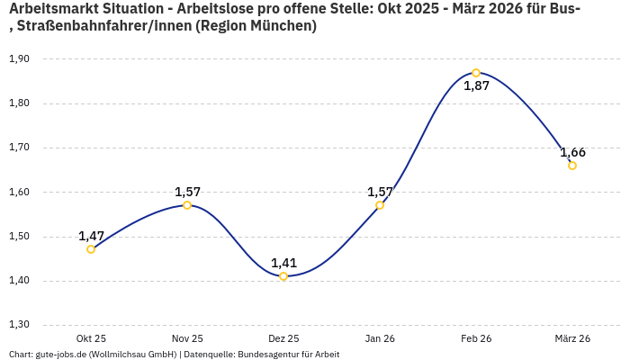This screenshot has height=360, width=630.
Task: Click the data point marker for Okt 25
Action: [91, 249]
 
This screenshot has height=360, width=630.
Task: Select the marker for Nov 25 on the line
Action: [187, 205]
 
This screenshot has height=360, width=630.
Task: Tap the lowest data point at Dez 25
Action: [283, 276]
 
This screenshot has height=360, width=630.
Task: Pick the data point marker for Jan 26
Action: [380, 205]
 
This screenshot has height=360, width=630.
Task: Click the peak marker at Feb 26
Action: [476, 73]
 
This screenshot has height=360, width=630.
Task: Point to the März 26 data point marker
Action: [572, 166]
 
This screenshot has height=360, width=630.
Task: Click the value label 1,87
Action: [476, 86]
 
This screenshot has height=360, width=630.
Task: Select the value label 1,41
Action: [283, 263]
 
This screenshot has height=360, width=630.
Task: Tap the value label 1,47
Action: [91, 236]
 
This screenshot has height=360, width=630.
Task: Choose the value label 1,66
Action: [572, 152]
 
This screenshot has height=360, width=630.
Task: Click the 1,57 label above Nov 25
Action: [187, 192]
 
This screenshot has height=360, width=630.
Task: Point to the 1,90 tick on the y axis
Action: [19, 59]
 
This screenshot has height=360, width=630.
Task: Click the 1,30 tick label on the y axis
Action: [19, 325]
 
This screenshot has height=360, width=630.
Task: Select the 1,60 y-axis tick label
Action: [19, 192]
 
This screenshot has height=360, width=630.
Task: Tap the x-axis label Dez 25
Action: [283, 338]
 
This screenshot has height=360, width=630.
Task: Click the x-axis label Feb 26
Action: [476, 338]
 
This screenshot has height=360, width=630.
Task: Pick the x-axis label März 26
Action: [572, 338]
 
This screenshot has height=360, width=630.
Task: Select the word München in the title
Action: [282, 26]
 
